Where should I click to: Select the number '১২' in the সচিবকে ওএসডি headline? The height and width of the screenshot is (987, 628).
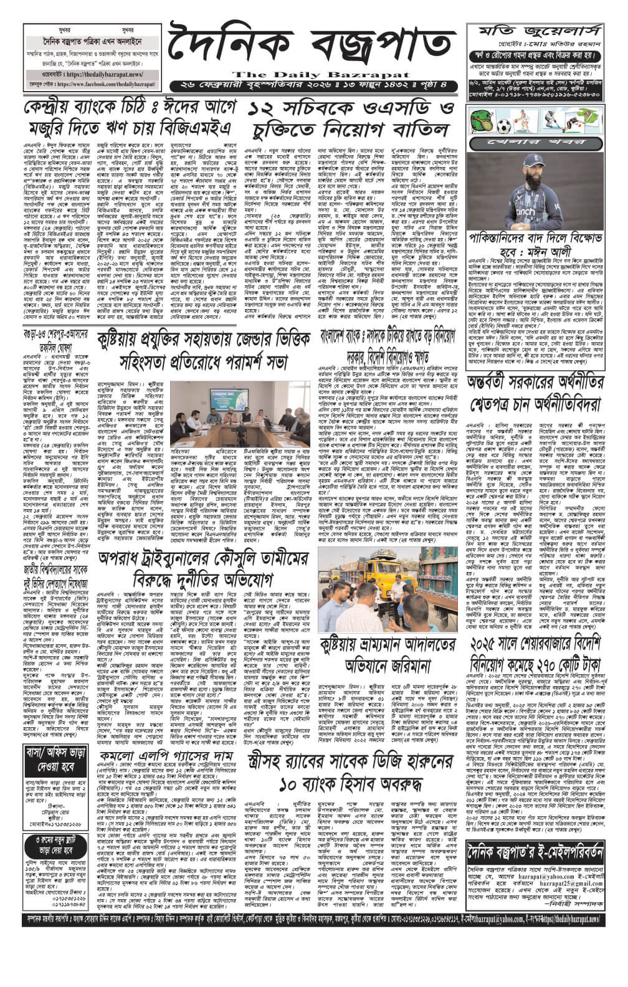pyautogui.click(x=264, y=110)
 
